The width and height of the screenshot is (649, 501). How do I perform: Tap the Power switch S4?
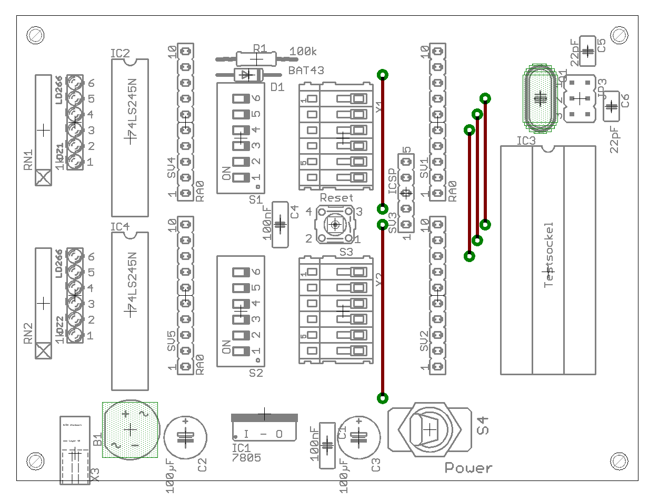coord(430,429)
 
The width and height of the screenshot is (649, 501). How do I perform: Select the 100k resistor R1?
coord(256,58)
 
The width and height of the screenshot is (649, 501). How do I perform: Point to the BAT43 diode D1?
coord(247,75)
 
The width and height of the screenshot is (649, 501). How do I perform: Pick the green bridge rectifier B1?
coord(130,430)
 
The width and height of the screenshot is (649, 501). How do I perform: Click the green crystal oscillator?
coord(539,98)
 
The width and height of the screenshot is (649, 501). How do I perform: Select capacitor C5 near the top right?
coord(587,51)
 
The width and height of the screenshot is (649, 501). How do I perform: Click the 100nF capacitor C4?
coord(280,224)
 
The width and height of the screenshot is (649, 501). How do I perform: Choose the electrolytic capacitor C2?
coord(186,437)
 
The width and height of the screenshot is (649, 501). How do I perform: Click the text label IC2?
coord(120,54)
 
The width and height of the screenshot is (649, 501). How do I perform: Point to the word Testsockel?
coord(549,254)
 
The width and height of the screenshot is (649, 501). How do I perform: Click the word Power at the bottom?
coord(468,467)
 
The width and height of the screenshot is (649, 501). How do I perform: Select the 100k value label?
coord(303,52)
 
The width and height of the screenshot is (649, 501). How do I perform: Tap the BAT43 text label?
coord(306,70)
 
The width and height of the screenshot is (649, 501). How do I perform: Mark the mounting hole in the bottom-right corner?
coord(620,460)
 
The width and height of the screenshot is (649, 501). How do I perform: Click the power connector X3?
coord(75,452)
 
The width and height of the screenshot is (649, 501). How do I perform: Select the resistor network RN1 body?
coord(43,129)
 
